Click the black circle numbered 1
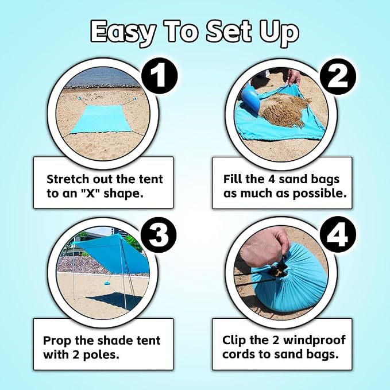[160, 76]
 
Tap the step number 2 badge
[338, 76]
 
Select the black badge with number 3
[159, 235]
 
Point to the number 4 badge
[337, 235]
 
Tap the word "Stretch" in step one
[68, 179]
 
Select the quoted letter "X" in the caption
[91, 193]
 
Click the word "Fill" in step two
[233, 179]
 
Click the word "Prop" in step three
[57, 341]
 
